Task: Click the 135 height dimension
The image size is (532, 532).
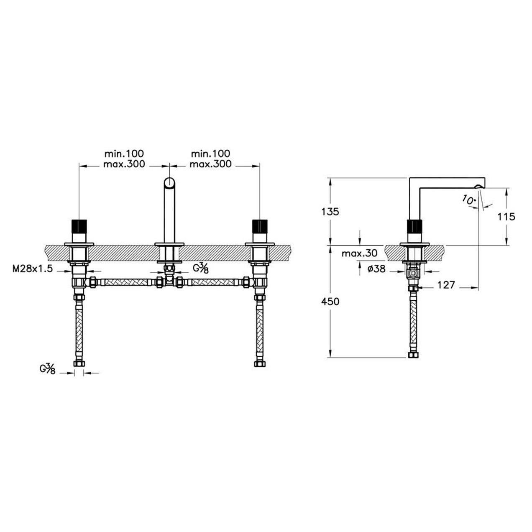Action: coord(330,212)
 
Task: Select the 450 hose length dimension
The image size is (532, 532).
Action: coord(330,302)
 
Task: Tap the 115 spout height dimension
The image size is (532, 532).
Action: coord(506,217)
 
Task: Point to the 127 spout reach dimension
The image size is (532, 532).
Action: coord(446,285)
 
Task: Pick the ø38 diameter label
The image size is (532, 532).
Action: coord(376,269)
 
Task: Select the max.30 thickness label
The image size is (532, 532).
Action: coord(359,253)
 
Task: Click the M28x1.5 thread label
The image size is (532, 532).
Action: coord(33,269)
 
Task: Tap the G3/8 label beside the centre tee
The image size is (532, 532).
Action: coord(200,268)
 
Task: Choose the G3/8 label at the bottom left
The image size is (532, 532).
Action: coord(48,369)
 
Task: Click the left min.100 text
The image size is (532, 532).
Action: coord(124,153)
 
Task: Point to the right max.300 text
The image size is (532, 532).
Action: coord(210,164)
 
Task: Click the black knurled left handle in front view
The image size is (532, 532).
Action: coord(79,226)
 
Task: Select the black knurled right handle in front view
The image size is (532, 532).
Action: coord(260,226)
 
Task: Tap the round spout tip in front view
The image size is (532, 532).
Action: coord(169,183)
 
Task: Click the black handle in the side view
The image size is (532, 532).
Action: coord(414,226)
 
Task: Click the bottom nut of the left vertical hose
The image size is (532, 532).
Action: coord(79,363)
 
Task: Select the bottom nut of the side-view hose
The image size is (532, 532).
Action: coord(413,355)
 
